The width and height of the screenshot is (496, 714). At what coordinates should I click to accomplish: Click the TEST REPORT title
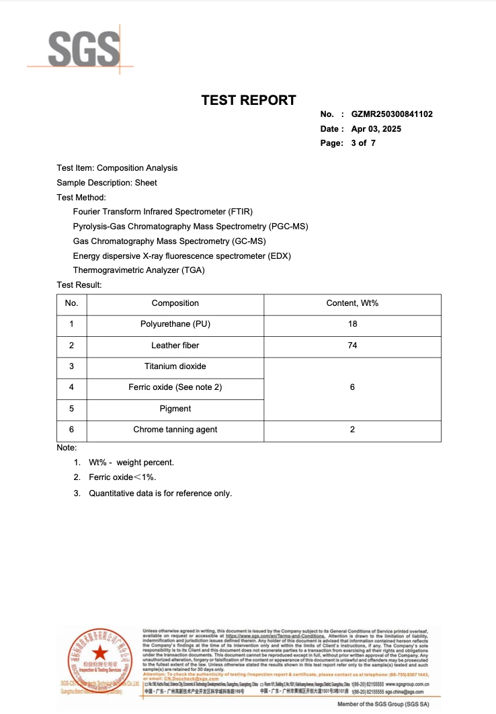pos(249,100)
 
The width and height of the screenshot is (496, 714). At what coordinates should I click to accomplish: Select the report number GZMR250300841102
pos(392,114)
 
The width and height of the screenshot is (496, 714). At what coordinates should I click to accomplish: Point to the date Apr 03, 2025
pos(376,128)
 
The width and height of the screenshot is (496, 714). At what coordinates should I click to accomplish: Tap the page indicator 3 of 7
pos(363,143)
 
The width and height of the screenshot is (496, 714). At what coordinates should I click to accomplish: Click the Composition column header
pos(175,303)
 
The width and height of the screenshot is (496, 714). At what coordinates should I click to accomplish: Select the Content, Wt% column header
pos(352,303)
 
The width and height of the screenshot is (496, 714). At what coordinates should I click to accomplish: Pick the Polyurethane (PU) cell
pos(175,324)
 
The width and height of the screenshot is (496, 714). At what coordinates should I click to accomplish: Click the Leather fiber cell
pos(175,346)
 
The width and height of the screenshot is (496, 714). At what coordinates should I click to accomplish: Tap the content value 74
pos(352,346)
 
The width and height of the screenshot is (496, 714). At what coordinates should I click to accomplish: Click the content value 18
pos(352,324)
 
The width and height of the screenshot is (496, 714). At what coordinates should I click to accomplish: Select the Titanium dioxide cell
pos(175,366)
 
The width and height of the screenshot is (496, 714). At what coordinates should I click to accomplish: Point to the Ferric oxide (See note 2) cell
pos(175,387)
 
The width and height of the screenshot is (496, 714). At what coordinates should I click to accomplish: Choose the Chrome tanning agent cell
pos(175,430)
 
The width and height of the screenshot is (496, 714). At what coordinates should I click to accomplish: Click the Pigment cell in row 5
pos(175,409)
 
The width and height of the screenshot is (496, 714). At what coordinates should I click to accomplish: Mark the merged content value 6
pos(352,387)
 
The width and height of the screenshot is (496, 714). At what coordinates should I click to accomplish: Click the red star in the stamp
pos(99,653)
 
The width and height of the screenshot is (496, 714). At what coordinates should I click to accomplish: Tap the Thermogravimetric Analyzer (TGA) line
pos(138,270)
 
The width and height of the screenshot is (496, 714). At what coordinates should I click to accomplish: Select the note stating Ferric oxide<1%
pos(122,477)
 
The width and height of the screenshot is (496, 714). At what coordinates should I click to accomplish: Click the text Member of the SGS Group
pos(382,704)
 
